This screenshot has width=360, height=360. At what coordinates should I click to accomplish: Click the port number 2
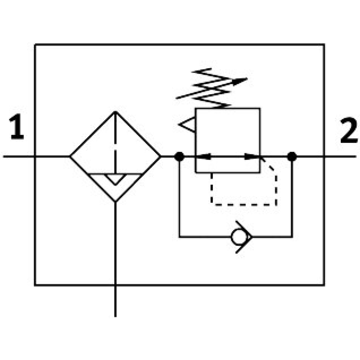click(x=349, y=130)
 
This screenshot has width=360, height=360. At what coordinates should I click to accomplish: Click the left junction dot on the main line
click(x=179, y=156)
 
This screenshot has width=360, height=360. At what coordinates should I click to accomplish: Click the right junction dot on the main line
click(x=291, y=156)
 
